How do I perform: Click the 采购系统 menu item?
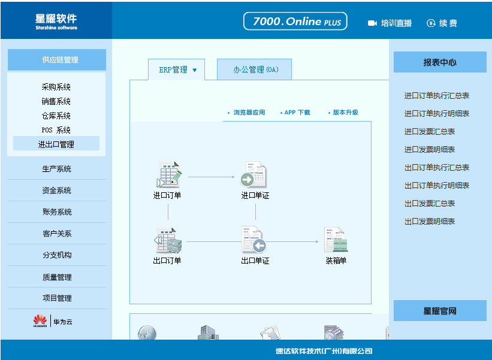pos(56,87)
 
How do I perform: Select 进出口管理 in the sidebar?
pos(56,144)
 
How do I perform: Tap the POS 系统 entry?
pos(56,130)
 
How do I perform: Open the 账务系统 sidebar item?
pos(57,211)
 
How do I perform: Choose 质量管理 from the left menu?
pos(57,277)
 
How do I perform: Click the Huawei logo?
pos(40,320)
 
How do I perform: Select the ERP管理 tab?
pos(176,69)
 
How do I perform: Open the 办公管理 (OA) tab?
pos(255,69)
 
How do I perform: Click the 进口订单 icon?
pos(169,175)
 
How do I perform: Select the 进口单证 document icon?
pos(253,175)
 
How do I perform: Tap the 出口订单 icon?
pos(168,241)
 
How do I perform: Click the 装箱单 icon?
pos(336,240)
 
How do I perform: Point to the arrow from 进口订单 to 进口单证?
pos(212,177)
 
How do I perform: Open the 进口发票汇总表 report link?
pos(430,131)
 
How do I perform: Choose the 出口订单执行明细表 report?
pos(437,185)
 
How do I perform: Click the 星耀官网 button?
pos(440,310)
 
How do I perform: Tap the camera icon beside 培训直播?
pos(372,23)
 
